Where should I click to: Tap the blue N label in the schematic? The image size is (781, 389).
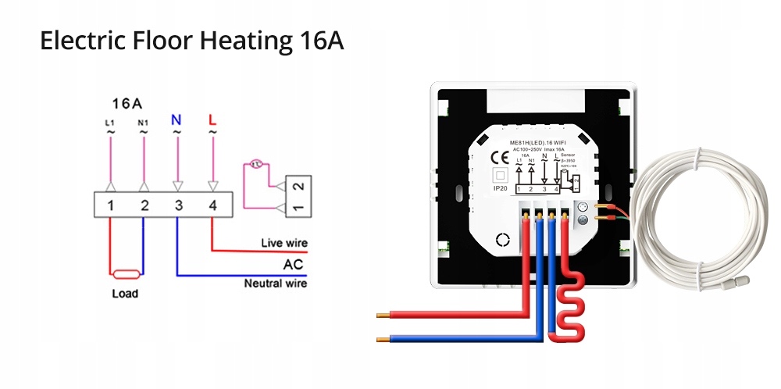pyautogui.click(x=177, y=120)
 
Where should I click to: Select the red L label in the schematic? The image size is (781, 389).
pyautogui.click(x=212, y=120)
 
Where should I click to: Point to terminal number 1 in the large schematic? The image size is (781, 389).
pyautogui.click(x=111, y=205)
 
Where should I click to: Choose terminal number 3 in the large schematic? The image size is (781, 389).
pyautogui.click(x=178, y=205)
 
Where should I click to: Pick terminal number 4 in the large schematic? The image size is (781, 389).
pyautogui.click(x=212, y=205)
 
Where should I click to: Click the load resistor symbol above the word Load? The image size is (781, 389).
pyautogui.click(x=127, y=274)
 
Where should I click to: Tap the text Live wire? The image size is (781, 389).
pyautogui.click(x=284, y=244)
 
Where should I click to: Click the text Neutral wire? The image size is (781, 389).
pyautogui.click(x=276, y=284)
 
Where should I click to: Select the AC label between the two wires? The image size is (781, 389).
pyautogui.click(x=293, y=264)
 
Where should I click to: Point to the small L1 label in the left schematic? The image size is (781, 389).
pyautogui.click(x=109, y=122)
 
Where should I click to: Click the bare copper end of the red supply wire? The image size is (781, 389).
pyautogui.click(x=383, y=316)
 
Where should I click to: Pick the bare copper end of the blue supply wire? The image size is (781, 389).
pyautogui.click(x=383, y=340)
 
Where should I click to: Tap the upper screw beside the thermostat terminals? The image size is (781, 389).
pyautogui.click(x=582, y=207)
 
